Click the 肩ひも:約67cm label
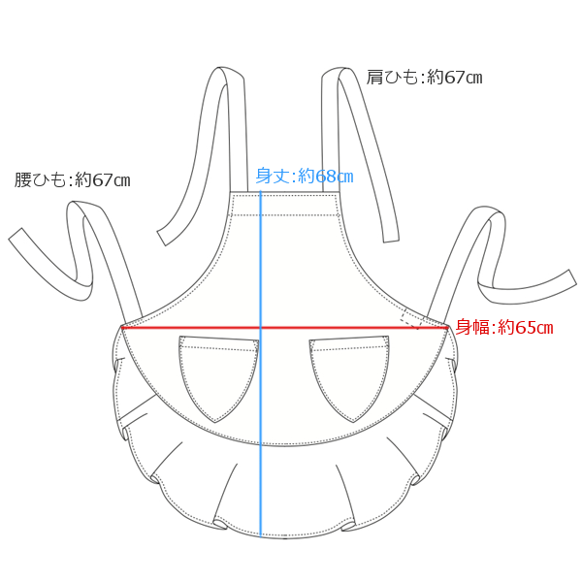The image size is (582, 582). [424, 78]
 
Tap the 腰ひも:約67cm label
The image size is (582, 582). [73, 180]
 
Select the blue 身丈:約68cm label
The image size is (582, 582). [305, 176]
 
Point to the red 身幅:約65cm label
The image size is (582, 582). [504, 327]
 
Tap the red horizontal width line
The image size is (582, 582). [285, 328]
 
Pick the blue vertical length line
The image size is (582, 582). [261, 364]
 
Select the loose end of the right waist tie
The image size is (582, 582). [571, 276]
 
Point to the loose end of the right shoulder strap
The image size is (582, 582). [391, 238]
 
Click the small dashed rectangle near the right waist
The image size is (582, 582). [412, 318]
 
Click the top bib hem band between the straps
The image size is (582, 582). [284, 204]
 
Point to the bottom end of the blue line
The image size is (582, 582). [261, 536]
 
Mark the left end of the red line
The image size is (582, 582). [122, 328]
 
